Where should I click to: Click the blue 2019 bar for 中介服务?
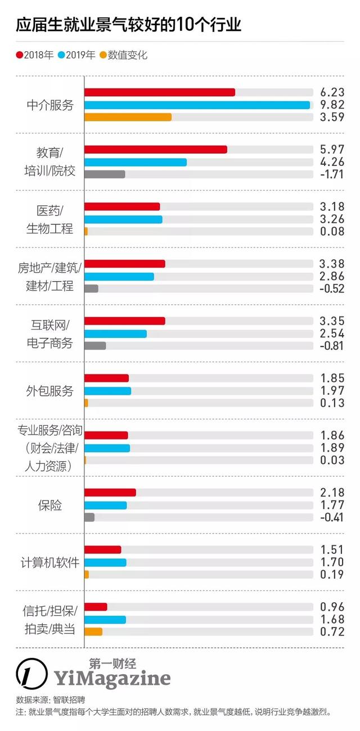(x=197, y=105)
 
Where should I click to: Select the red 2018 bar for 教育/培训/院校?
(x=155, y=149)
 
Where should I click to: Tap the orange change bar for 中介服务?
(x=128, y=118)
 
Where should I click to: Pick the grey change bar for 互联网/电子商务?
(x=95, y=346)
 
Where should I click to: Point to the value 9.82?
(x=331, y=105)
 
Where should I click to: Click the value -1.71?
(x=331, y=174)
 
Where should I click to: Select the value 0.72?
(x=331, y=631)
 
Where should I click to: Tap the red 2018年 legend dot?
(x=20, y=55)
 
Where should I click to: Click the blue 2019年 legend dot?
(x=61, y=55)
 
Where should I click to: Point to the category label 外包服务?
(x=50, y=391)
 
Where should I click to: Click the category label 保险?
(x=50, y=505)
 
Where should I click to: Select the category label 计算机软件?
(x=50, y=562)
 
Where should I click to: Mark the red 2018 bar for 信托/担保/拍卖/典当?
(x=96, y=607)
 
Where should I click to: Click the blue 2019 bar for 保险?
(x=105, y=505)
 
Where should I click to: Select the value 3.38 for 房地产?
(x=331, y=264)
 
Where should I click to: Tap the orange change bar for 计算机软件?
(x=87, y=575)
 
